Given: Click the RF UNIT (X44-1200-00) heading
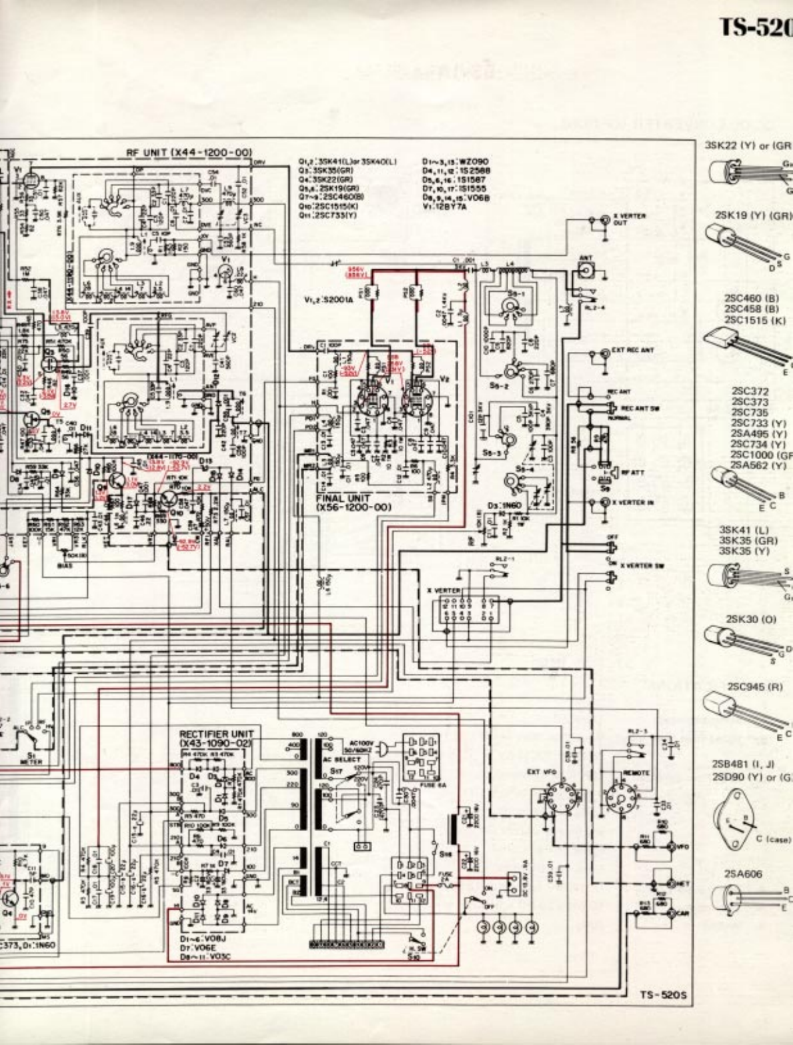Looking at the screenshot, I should pyautogui.click(x=189, y=153).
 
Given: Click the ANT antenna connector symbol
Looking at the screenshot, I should pyautogui.click(x=586, y=270).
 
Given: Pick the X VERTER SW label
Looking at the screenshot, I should pyautogui.click(x=641, y=564).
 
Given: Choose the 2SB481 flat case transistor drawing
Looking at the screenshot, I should pyautogui.click(x=736, y=817).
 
